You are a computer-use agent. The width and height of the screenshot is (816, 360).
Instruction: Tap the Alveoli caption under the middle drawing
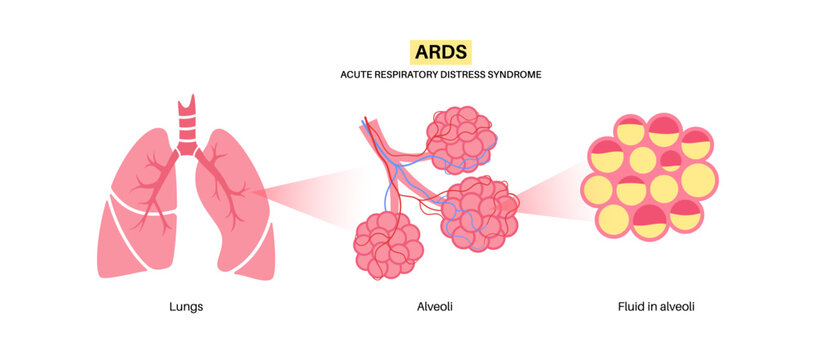pos(435,307)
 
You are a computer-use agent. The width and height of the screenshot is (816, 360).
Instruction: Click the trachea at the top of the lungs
pos(187,125)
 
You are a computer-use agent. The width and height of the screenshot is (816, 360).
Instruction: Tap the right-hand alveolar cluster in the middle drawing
pos(477,212)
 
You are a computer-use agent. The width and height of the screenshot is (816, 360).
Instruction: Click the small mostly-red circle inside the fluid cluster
pos(671,159)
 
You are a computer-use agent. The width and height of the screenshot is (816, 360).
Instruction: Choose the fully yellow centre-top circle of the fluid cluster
pos(643,158)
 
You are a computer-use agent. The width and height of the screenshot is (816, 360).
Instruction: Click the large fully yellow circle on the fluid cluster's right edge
pos(699,180)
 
